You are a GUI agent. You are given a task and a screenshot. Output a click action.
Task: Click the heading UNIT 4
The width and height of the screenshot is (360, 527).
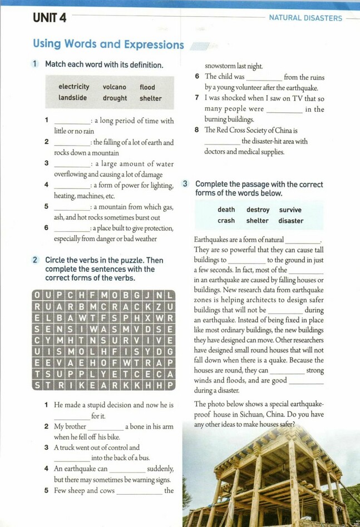(50, 18)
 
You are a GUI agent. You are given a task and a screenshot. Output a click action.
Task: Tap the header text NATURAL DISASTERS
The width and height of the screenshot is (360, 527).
(305, 18)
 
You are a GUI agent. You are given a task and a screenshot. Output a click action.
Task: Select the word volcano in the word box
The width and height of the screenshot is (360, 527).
(115, 87)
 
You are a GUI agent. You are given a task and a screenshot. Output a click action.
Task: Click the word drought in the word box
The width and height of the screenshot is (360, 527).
(115, 98)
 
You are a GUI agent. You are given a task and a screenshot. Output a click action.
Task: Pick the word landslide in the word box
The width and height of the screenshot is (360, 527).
(73, 98)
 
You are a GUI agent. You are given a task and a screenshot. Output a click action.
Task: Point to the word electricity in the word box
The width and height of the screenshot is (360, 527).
(73, 87)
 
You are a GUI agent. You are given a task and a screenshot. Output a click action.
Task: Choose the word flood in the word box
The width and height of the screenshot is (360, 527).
(147, 87)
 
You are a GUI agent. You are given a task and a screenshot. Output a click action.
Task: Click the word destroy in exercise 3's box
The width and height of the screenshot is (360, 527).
(258, 210)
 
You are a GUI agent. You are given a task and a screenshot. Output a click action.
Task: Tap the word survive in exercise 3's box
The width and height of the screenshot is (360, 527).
(290, 210)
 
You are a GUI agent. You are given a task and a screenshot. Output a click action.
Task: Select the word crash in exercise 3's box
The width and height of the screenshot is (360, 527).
(226, 221)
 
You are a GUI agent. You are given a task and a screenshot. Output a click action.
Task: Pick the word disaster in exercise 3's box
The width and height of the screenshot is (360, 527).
(291, 221)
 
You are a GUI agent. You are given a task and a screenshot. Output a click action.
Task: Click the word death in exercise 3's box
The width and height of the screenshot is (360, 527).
(226, 210)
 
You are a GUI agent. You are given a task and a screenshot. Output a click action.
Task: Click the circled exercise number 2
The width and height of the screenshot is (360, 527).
(35, 260)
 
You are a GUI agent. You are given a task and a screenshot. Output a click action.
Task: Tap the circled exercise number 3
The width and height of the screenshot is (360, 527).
(185, 184)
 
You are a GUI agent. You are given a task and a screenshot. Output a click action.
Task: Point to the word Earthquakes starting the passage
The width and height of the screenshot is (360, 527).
(212, 240)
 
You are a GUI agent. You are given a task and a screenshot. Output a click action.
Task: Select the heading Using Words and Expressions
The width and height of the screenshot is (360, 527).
(108, 44)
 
